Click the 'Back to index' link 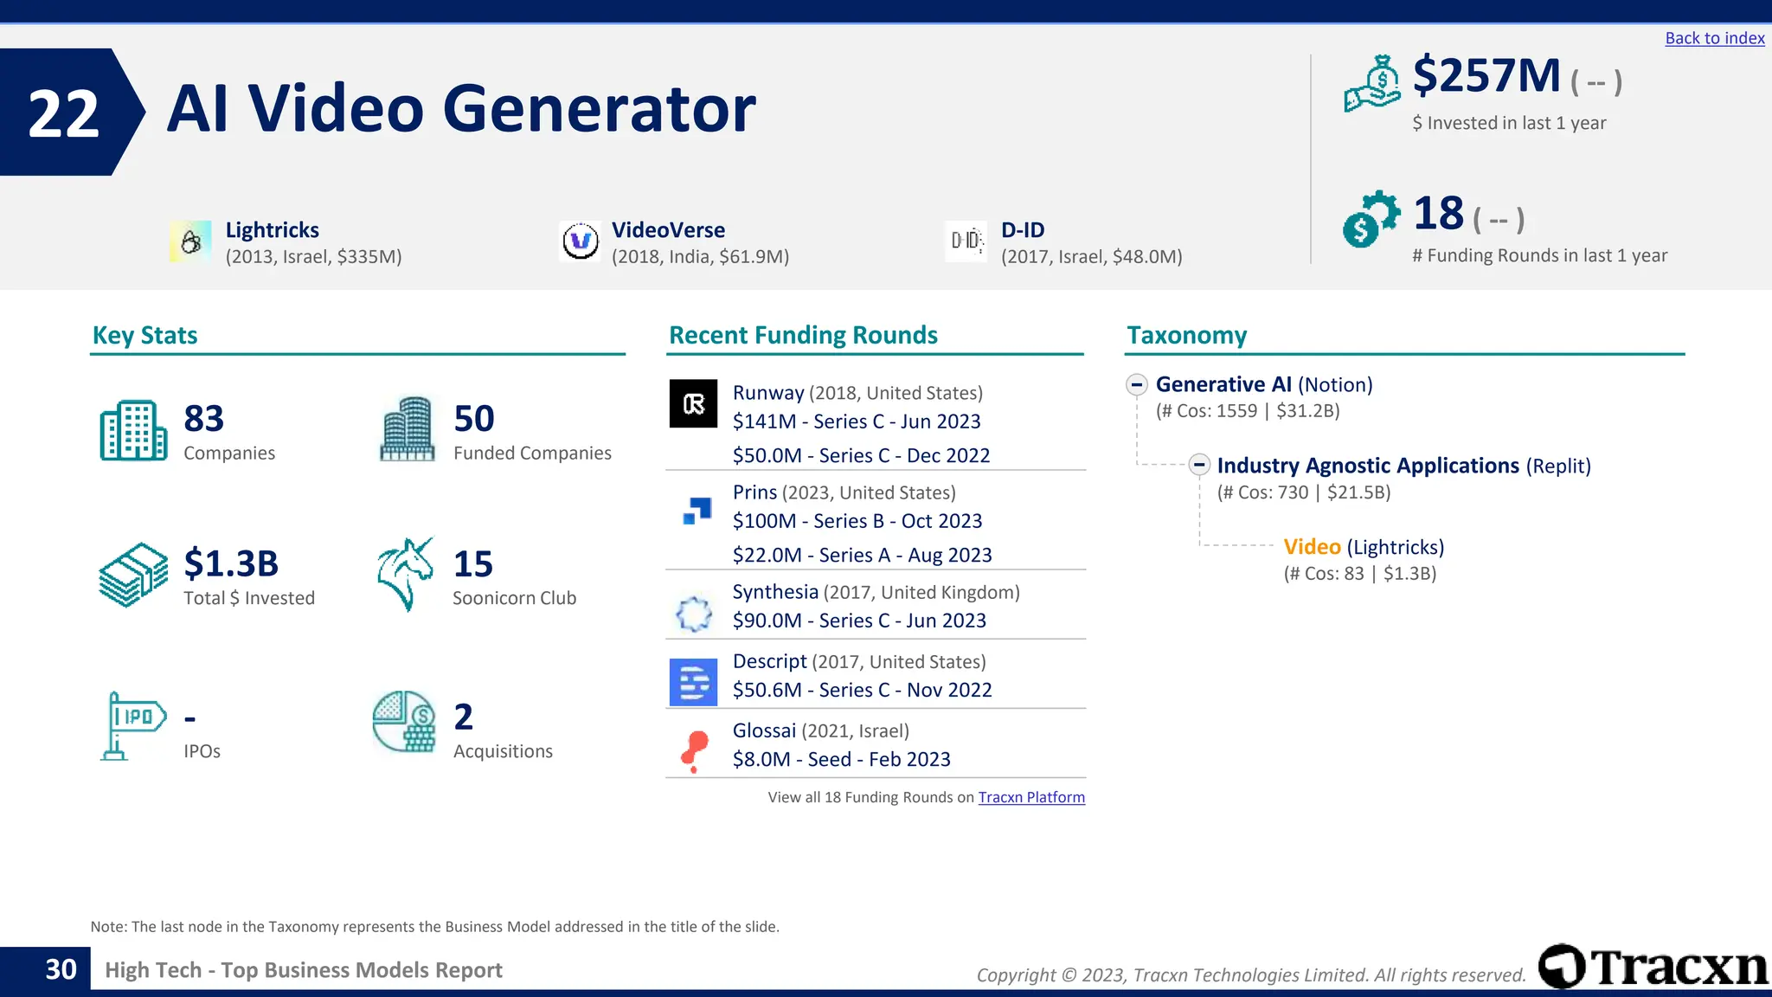pos(1714,38)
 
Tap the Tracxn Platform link pos(1030,797)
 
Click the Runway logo pos(693,403)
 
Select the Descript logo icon pos(693,682)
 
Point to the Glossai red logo pos(694,749)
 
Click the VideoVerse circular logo pos(580,241)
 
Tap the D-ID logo pos(966,241)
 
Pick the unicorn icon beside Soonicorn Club pos(405,574)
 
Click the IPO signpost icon pos(132,725)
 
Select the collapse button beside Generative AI pos(1137,384)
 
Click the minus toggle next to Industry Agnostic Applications pos(1198,465)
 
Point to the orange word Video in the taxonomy pos(1312,547)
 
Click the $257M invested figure pos(1486,76)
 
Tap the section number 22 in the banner pos(63,113)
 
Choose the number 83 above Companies pos(203,419)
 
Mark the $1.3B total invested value pos(231,563)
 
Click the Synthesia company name pos(774,592)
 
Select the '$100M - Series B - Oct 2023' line pos(857,521)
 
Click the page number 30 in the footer pos(61,969)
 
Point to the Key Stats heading pos(144,335)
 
